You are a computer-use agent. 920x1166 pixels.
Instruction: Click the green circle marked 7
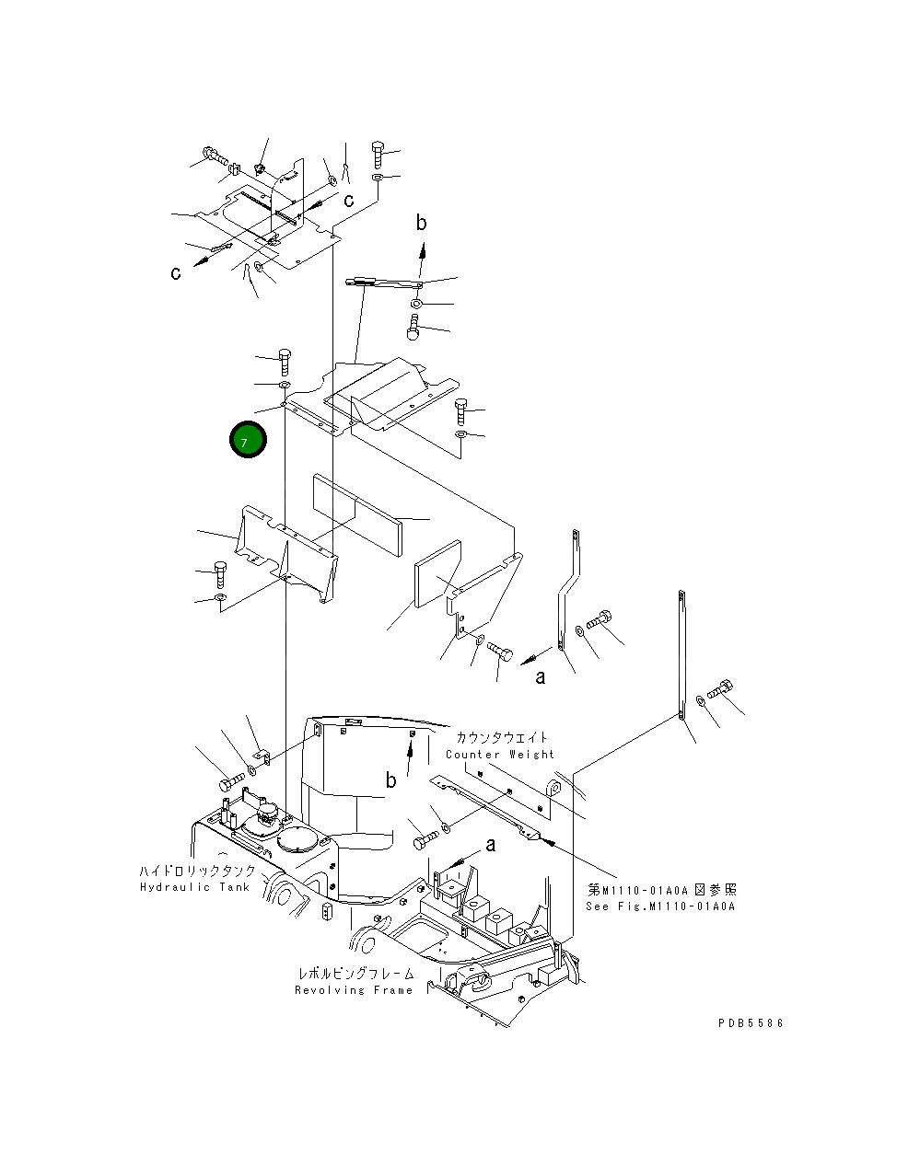click(x=247, y=441)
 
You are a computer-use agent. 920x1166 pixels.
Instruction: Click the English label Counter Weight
click(x=500, y=755)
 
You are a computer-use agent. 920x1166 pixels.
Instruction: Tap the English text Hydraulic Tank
click(x=194, y=887)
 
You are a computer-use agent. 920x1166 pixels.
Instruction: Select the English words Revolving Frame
click(x=354, y=990)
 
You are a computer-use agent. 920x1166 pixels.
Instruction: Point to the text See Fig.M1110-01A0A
click(x=660, y=906)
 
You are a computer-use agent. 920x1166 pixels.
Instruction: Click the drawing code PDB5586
click(x=751, y=1022)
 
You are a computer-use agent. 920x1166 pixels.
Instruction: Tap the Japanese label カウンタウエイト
click(x=501, y=738)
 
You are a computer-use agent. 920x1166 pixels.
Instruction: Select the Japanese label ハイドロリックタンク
click(x=197, y=871)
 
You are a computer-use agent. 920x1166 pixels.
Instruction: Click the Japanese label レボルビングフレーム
click(x=355, y=974)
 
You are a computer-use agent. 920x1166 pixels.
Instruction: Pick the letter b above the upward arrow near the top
click(x=421, y=222)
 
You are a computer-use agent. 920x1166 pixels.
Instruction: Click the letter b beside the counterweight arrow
click(x=391, y=780)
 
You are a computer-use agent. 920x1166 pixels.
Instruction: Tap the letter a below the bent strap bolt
click(x=541, y=677)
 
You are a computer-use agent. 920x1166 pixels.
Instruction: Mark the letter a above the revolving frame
click(x=490, y=844)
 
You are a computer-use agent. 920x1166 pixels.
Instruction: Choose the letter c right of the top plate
click(x=349, y=200)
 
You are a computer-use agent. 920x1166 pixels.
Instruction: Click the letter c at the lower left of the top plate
click(x=175, y=273)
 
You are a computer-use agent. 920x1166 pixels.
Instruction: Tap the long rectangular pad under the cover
click(x=357, y=514)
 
